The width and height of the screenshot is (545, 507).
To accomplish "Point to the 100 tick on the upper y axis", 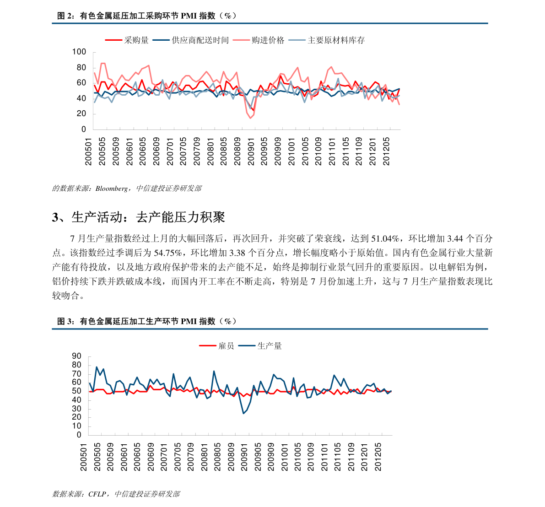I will pos(79,52).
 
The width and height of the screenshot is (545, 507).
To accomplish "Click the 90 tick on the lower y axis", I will pos(76,356).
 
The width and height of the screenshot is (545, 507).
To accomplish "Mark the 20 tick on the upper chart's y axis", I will pos(81,114).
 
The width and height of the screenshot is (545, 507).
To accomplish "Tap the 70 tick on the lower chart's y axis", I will pos(76,374).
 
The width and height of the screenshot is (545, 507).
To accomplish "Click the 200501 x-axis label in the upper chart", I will pos(89,152).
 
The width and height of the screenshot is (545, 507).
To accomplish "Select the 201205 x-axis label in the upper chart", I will pos(386,152).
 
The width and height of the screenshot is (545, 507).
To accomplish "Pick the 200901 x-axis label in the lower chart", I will pos(244,457).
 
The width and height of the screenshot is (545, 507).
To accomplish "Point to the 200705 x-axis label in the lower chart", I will pos(178,457).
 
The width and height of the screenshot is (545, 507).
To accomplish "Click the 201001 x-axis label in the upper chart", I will pos(291,152).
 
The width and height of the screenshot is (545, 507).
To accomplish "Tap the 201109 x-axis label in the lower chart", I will pos(351,457).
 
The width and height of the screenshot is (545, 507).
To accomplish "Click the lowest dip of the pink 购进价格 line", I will pos(250,118).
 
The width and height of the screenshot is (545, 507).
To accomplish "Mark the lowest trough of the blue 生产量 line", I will pos(243,413).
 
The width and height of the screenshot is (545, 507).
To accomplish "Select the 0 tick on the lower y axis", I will pos(79,435).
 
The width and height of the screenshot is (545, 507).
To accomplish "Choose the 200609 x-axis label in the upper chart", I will pos(156,152).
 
